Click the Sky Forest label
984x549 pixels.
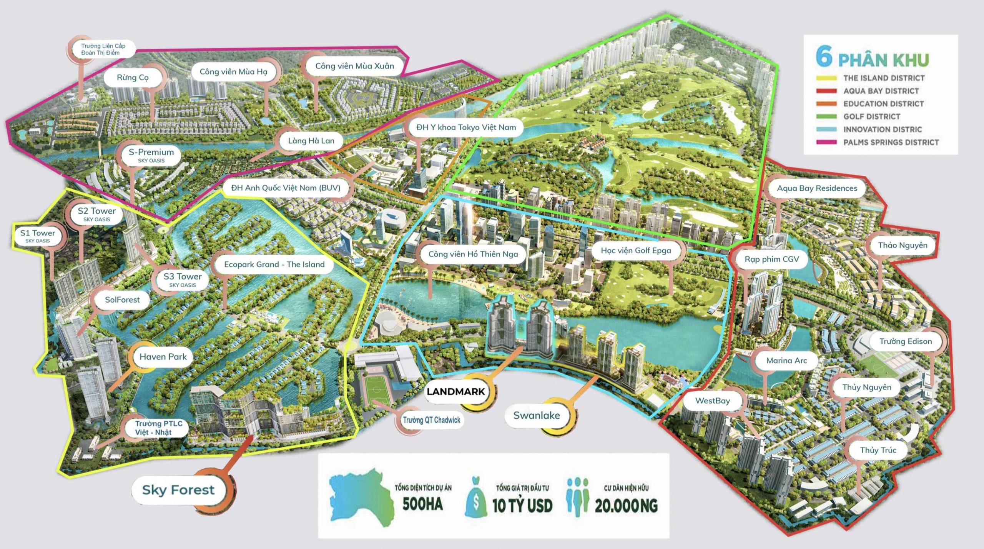click(178, 490)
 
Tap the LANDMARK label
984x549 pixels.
click(456, 392)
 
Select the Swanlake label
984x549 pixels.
click(537, 415)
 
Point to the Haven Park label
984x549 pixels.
click(163, 356)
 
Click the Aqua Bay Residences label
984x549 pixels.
click(817, 188)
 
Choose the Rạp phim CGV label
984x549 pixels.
click(771, 259)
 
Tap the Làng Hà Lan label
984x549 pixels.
click(311, 141)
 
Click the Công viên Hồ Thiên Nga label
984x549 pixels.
click(473, 254)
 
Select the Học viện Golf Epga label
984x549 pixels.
click(636, 251)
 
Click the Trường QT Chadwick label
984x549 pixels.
click(431, 420)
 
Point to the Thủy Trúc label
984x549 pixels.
click(878, 450)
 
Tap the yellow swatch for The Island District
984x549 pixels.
click(826, 78)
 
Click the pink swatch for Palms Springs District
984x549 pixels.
click(826, 142)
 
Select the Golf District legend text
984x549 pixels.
click(872, 116)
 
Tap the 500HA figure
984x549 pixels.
click(422, 504)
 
